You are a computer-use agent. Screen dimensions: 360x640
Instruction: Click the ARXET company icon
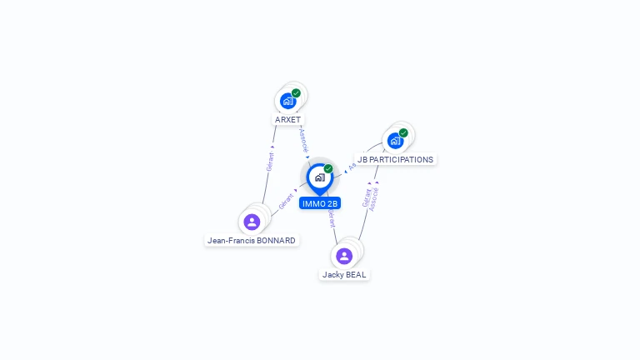[288, 101]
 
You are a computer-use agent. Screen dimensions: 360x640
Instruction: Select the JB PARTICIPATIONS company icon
[395, 140]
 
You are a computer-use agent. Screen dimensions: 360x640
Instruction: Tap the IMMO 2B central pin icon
[319, 177]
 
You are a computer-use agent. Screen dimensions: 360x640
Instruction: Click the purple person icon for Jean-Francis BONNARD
[252, 222]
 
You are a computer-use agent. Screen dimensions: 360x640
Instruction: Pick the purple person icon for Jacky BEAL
[344, 256]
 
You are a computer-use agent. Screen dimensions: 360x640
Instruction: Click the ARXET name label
[288, 120]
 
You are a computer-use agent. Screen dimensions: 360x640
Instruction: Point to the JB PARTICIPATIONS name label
[395, 159]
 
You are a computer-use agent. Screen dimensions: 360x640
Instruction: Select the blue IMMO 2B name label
[320, 203]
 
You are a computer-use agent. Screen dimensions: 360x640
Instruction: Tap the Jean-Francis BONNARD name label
[252, 241]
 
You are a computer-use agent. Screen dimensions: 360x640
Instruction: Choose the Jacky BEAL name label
[344, 275]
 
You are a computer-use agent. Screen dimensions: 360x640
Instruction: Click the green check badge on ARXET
[296, 93]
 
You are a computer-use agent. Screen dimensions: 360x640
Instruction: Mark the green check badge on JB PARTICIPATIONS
[403, 132]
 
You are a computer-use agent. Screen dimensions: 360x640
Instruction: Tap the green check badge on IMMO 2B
[328, 168]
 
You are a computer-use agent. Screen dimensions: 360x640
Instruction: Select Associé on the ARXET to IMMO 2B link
[303, 139]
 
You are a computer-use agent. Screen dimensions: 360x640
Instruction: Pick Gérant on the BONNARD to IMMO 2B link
[286, 201]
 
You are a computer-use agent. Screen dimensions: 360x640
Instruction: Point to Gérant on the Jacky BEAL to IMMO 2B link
[332, 218]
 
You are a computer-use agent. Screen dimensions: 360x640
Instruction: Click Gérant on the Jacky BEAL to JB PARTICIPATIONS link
[366, 197]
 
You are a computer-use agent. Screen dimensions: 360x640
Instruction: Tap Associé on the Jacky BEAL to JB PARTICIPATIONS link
[374, 198]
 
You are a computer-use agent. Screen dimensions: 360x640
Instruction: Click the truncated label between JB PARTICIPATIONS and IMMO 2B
[352, 166]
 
